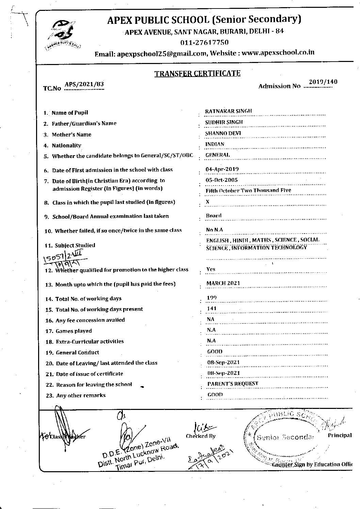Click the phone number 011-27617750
204,43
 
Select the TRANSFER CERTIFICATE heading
197,73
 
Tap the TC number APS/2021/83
84,85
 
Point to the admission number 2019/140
323,82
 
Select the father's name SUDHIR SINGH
224,122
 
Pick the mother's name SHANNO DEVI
223,133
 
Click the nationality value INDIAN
215,144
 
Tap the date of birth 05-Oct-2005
222,180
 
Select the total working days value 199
212,298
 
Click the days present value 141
212,308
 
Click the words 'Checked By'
200,436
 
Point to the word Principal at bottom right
340,435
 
